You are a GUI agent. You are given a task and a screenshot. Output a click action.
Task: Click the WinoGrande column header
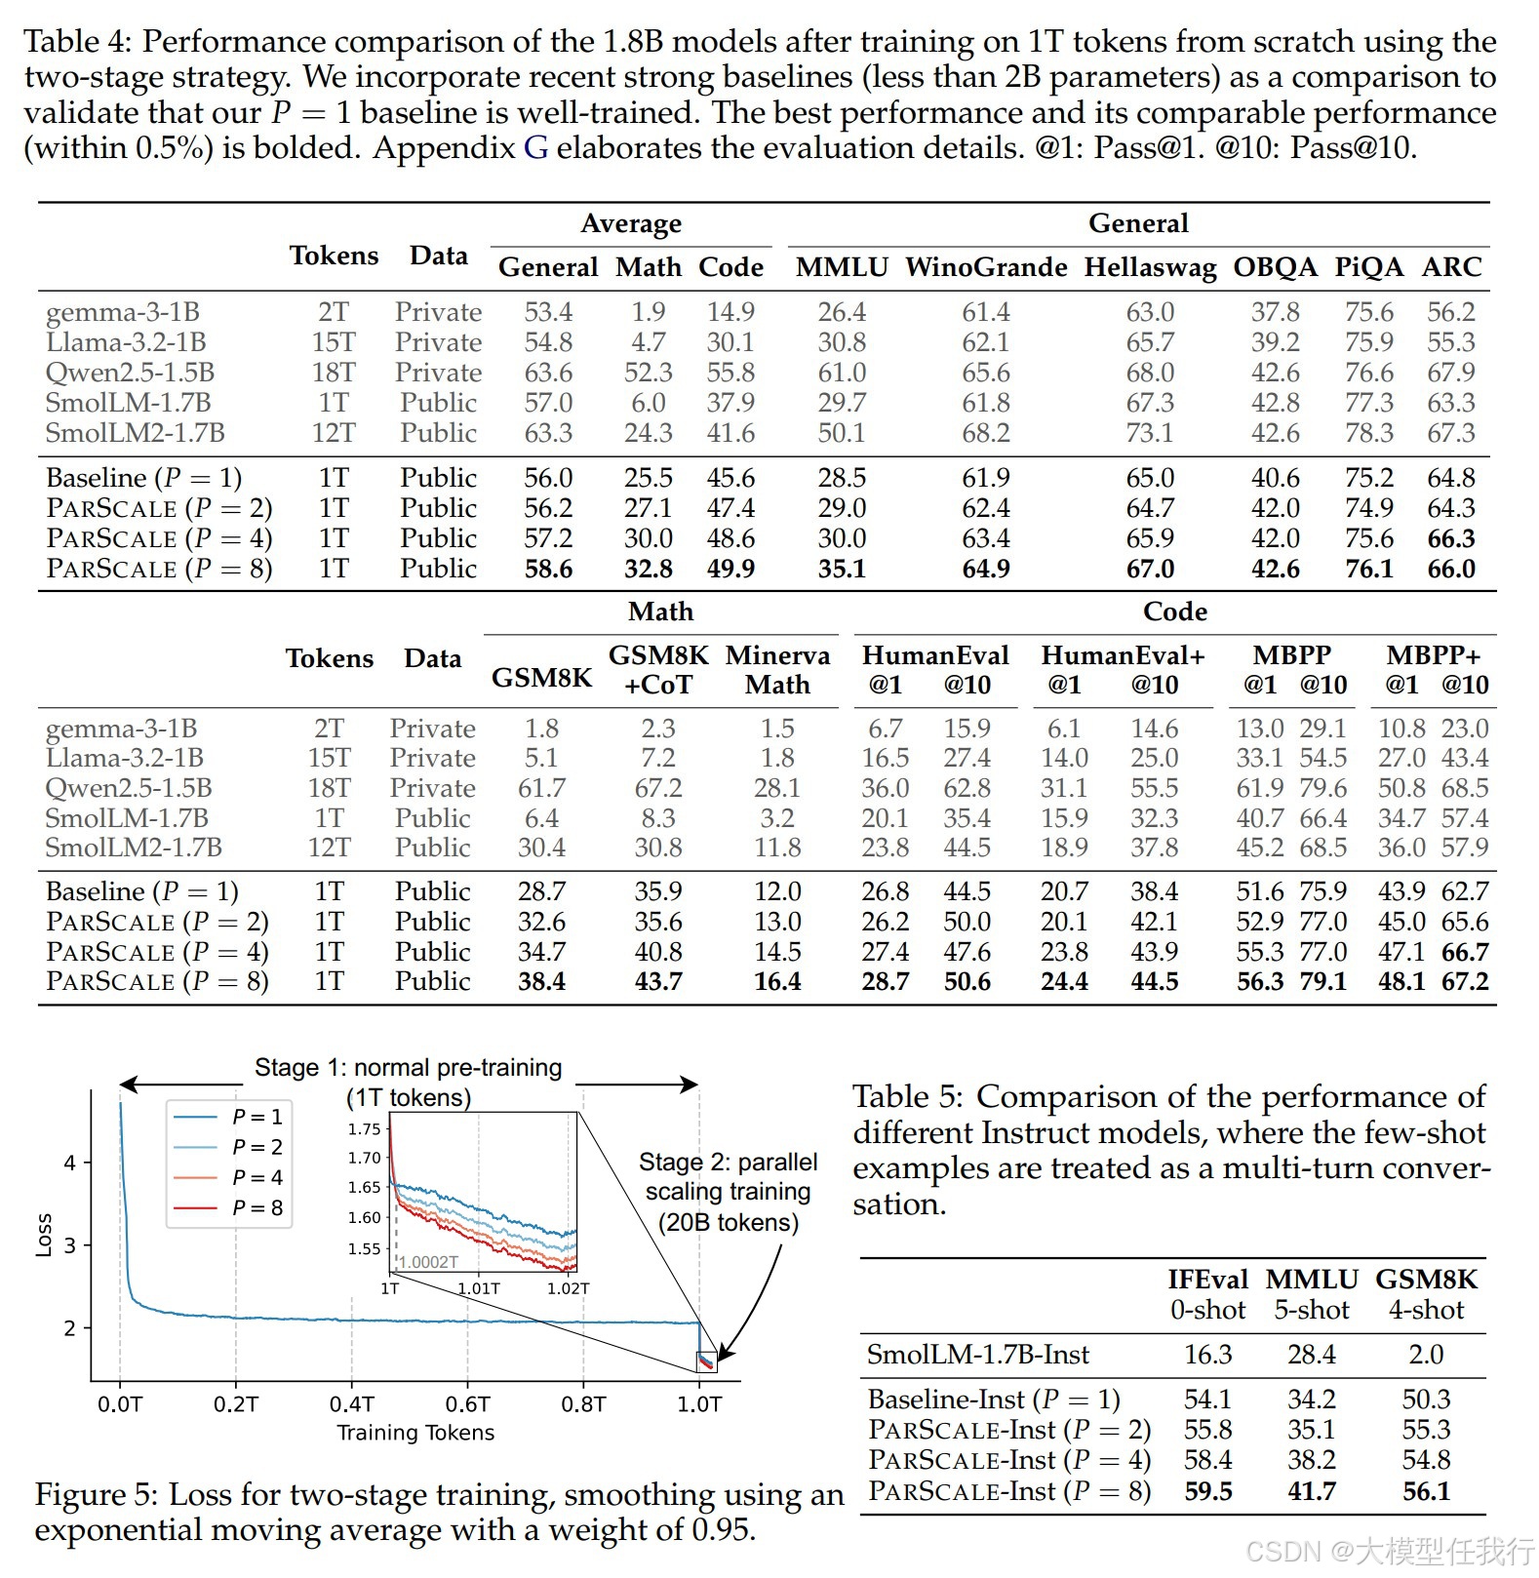tap(985, 267)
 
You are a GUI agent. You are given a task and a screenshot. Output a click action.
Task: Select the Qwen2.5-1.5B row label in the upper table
tap(130, 373)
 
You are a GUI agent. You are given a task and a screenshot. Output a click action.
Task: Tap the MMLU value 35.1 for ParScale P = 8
tap(842, 569)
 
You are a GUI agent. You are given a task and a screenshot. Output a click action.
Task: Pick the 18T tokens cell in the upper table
tap(334, 373)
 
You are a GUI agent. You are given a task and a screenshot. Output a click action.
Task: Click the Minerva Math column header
tap(777, 670)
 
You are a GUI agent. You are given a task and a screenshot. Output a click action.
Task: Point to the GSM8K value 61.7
tap(541, 788)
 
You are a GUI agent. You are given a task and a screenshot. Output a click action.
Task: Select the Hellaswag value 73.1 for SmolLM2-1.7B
tap(1150, 433)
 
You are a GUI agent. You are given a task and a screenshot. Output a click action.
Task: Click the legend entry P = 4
tap(256, 1177)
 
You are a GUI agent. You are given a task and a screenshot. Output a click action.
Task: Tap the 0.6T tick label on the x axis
tap(467, 1404)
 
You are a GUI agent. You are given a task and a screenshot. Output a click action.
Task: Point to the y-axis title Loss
tap(44, 1235)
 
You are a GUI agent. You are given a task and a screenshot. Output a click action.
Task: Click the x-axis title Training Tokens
tap(415, 1433)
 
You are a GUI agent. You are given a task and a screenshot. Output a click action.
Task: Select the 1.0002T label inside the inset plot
tap(428, 1262)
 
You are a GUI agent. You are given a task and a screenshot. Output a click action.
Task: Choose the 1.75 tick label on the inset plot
tap(364, 1129)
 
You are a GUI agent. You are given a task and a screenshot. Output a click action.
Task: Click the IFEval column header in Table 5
tap(1207, 1280)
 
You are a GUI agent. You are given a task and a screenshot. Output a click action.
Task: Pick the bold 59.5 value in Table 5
tap(1207, 1490)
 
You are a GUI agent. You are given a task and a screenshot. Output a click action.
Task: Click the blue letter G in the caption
tap(535, 148)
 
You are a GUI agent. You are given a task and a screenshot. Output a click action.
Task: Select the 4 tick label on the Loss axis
tap(69, 1163)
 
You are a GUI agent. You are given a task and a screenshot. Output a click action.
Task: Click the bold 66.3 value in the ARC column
tap(1450, 538)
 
